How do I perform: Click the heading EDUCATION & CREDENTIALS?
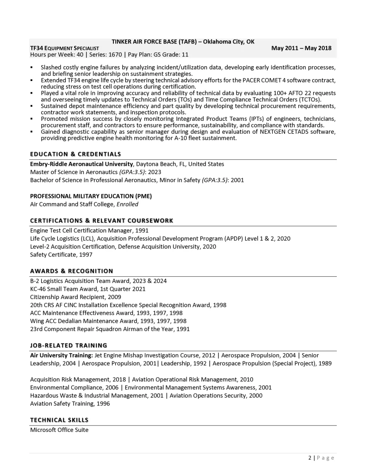coord(75,154)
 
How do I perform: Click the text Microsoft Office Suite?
coord(59,430)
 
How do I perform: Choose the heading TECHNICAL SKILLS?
coord(59,420)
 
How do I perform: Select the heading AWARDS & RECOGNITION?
coord(71,271)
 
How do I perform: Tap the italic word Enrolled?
coord(127,204)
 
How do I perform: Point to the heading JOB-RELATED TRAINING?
coord(68,345)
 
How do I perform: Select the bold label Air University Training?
coord(61,355)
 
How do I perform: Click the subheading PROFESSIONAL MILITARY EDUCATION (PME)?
coord(91,196)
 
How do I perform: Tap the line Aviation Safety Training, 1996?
coord(70,404)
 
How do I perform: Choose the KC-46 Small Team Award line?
coord(87,289)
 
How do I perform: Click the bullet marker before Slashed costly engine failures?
coord(31,68)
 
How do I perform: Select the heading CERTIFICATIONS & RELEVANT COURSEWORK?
coord(102,220)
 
